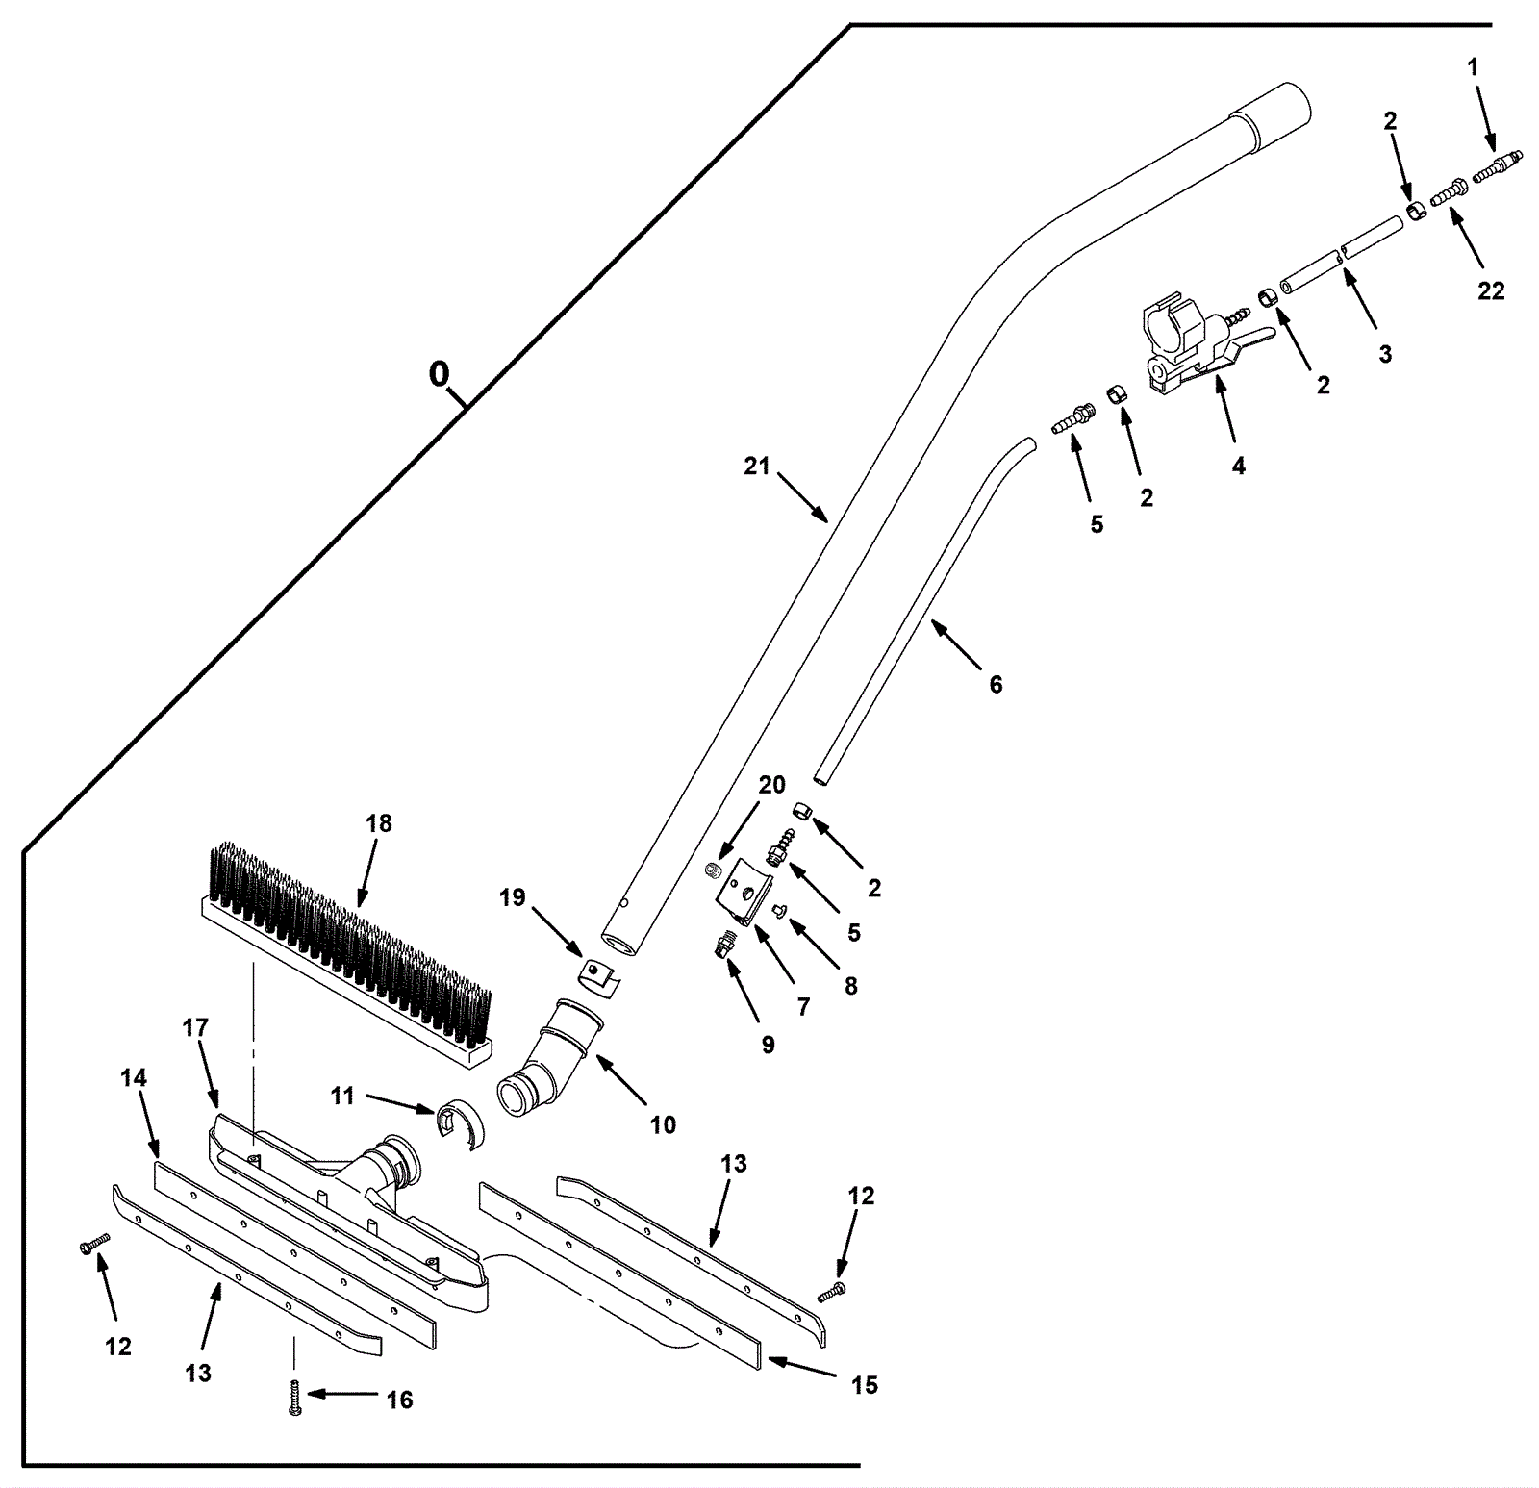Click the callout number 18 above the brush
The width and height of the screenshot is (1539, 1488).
click(379, 823)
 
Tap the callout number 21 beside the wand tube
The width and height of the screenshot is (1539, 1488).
click(757, 466)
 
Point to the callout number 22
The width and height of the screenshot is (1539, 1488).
click(1490, 290)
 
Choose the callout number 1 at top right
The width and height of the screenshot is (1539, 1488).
click(1473, 67)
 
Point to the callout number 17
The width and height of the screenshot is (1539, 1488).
click(195, 1028)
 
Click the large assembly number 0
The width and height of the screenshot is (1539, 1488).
click(439, 373)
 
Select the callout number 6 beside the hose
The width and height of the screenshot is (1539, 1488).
click(996, 684)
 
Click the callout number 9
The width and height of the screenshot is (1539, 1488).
click(768, 1045)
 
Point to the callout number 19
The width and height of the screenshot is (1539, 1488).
click(512, 897)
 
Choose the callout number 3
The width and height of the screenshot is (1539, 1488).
click(1384, 354)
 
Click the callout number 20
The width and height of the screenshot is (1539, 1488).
click(771, 785)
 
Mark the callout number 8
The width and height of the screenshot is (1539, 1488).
click(850, 986)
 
